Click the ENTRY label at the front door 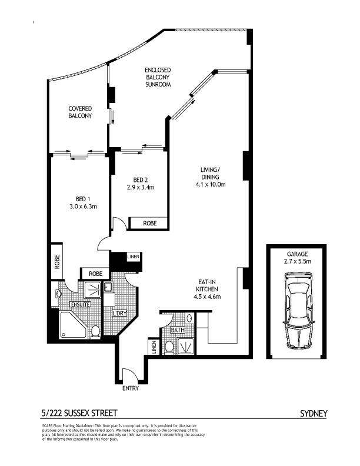coord(131,388)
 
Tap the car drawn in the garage coord(297,311)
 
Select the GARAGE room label coord(297,254)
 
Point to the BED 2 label coord(141,180)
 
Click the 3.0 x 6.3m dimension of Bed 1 coord(83,207)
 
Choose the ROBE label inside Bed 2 coord(149,223)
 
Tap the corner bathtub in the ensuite coord(74,325)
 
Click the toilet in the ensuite coord(95,332)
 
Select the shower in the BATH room coord(186,346)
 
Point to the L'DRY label coord(119,313)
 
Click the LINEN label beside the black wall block coord(133,257)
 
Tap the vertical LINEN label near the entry coord(154,347)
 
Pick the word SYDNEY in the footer coord(314,414)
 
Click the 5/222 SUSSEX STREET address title coord(79,413)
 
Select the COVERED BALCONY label coord(80,112)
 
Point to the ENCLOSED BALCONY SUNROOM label coord(158,77)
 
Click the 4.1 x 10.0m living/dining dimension coord(211,184)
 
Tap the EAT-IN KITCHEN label coord(207,285)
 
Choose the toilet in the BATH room coord(169,347)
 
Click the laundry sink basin coord(107,287)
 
